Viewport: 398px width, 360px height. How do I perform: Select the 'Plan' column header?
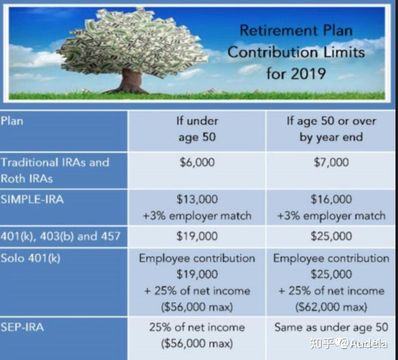click(x=12, y=121)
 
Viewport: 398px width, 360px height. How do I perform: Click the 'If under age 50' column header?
click(x=197, y=129)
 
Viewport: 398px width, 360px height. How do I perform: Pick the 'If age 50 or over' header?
click(x=331, y=129)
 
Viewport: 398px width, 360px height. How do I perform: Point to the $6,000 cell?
click(x=197, y=162)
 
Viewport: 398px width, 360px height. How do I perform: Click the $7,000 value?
click(x=331, y=162)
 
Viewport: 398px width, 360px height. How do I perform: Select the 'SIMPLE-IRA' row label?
click(x=32, y=199)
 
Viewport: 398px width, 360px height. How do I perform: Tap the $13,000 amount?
click(x=197, y=199)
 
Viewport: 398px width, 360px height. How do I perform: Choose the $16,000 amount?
click(x=331, y=199)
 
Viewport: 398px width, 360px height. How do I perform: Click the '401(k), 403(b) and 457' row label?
click(x=60, y=236)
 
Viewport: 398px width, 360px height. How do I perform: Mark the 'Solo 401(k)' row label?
click(x=30, y=258)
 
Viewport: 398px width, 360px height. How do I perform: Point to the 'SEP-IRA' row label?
click(x=22, y=327)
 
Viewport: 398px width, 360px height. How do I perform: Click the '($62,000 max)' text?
click(x=331, y=307)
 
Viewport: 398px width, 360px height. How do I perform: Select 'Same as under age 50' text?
click(x=331, y=327)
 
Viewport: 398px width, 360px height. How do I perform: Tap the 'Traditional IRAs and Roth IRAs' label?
click(x=54, y=170)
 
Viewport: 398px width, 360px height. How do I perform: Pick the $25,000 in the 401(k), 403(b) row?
click(x=331, y=236)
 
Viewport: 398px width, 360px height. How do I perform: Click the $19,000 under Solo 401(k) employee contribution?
click(x=197, y=274)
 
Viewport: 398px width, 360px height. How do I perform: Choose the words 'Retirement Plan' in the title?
click(x=296, y=30)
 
